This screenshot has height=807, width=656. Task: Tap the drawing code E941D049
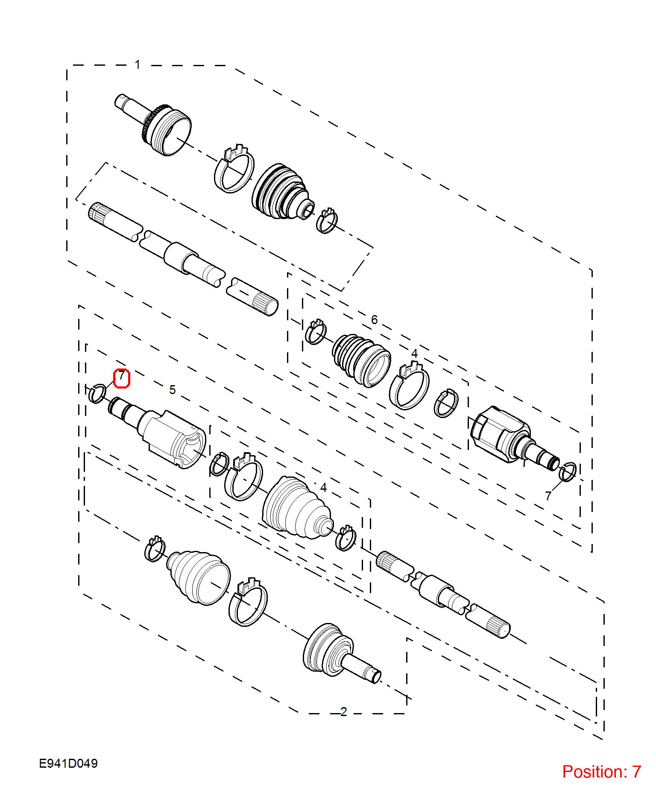pos(68,763)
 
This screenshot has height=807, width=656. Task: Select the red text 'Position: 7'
pos(601,772)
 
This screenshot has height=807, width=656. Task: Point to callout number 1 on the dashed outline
pos(138,64)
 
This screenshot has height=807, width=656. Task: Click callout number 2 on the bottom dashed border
pos(344,711)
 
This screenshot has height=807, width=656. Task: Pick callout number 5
pos(173,389)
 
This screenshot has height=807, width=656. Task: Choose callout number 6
pos(375,319)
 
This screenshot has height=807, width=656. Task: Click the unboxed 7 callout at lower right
pos(548,496)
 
